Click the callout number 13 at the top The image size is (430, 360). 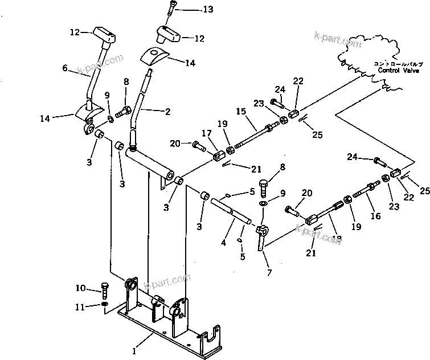[194, 10]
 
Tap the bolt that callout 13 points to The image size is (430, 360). [171, 11]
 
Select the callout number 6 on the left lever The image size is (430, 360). [65, 68]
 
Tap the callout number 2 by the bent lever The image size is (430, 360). [167, 112]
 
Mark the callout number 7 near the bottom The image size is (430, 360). [269, 272]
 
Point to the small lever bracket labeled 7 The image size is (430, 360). [261, 235]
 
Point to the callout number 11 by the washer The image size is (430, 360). [80, 307]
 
